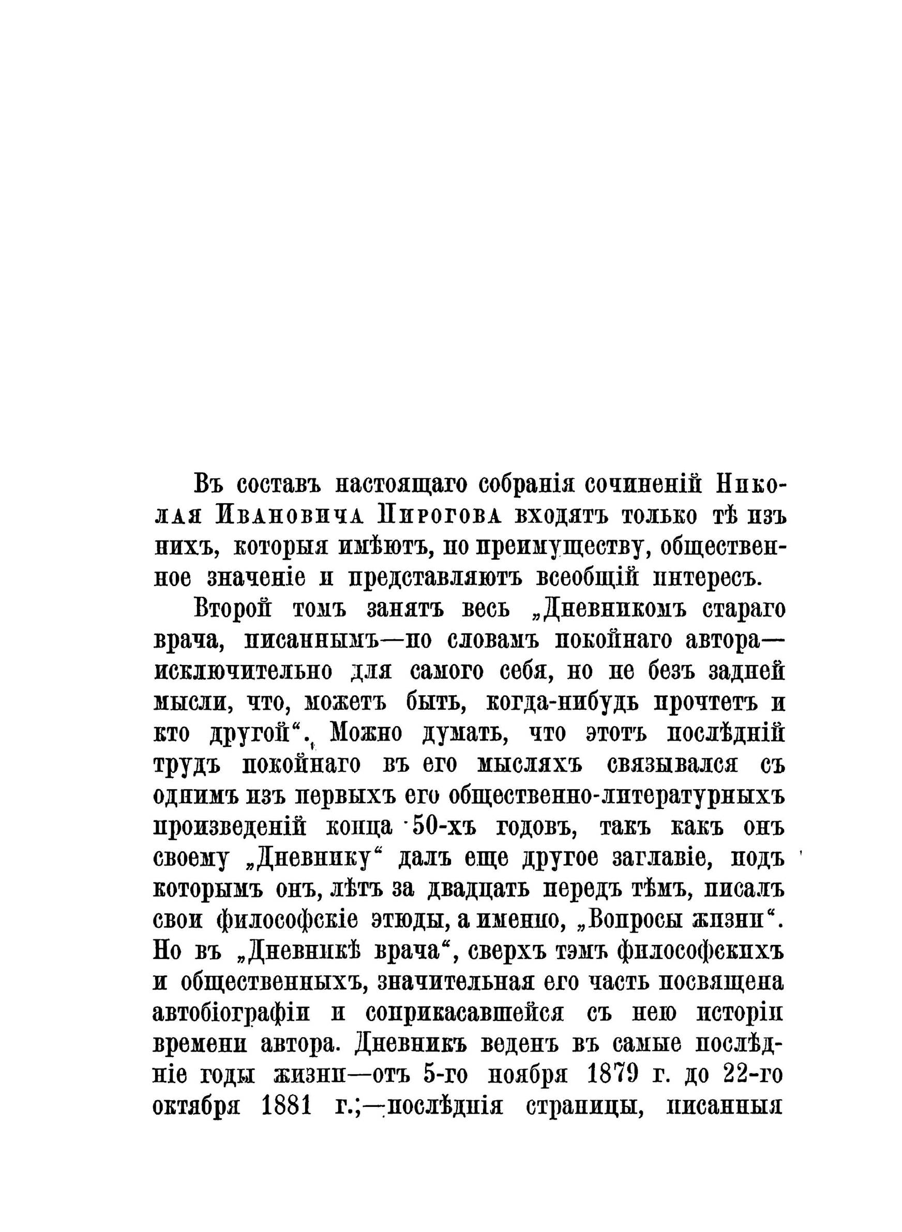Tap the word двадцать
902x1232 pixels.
(x=475, y=889)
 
